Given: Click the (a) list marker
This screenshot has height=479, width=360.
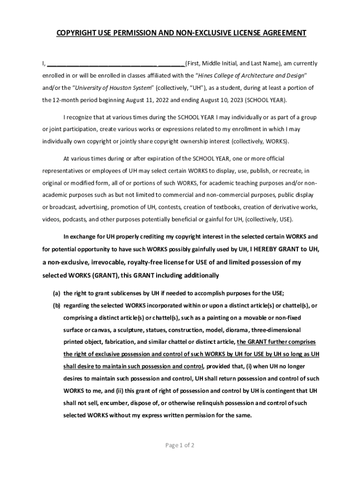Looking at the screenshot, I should click(x=56, y=293).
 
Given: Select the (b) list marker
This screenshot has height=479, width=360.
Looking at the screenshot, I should click(x=56, y=305).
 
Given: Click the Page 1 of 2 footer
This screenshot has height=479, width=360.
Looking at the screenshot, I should click(x=180, y=445).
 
